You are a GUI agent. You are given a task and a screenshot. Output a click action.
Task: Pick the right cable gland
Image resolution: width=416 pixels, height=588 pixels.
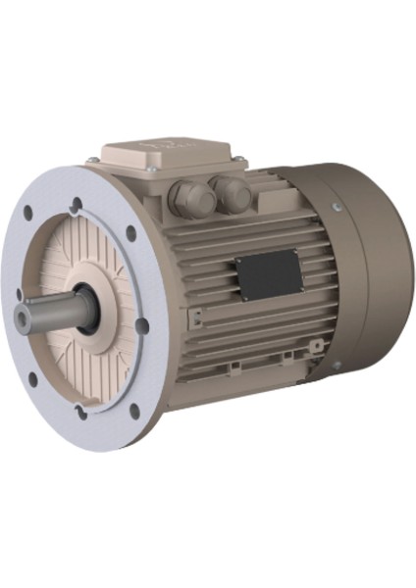click(x=233, y=193)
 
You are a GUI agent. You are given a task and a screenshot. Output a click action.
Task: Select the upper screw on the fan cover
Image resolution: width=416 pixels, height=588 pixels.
click(x=336, y=207)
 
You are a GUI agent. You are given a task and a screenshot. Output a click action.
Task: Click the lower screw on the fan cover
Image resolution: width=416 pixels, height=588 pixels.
click(x=336, y=366)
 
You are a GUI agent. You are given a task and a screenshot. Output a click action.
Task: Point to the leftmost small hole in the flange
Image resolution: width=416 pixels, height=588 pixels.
click(x=20, y=293)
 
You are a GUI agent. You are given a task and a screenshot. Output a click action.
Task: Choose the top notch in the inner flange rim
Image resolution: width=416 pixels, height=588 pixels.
click(x=78, y=204)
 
